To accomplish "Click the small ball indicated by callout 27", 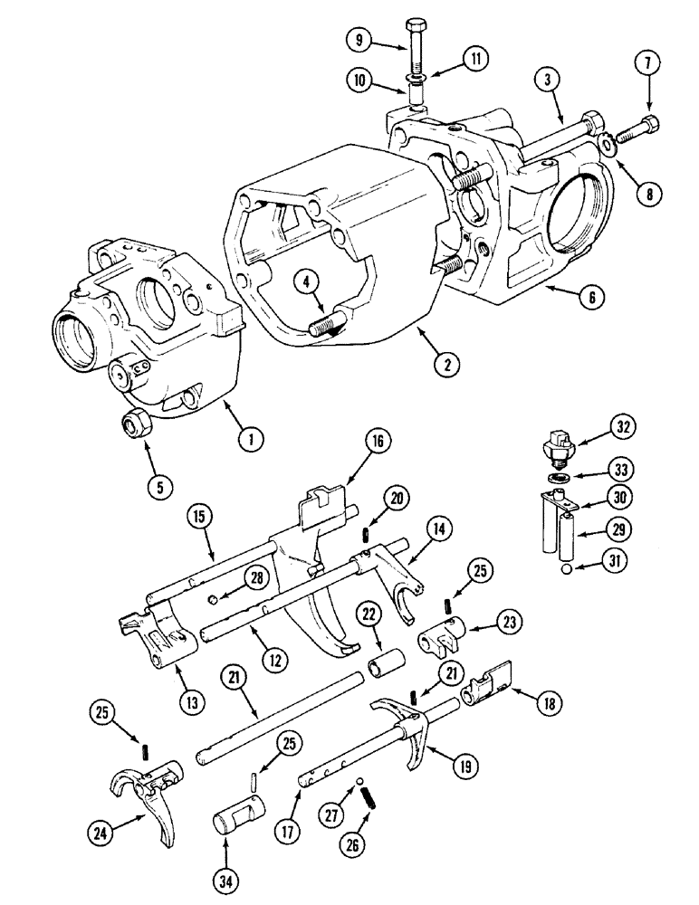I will click(359, 780).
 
